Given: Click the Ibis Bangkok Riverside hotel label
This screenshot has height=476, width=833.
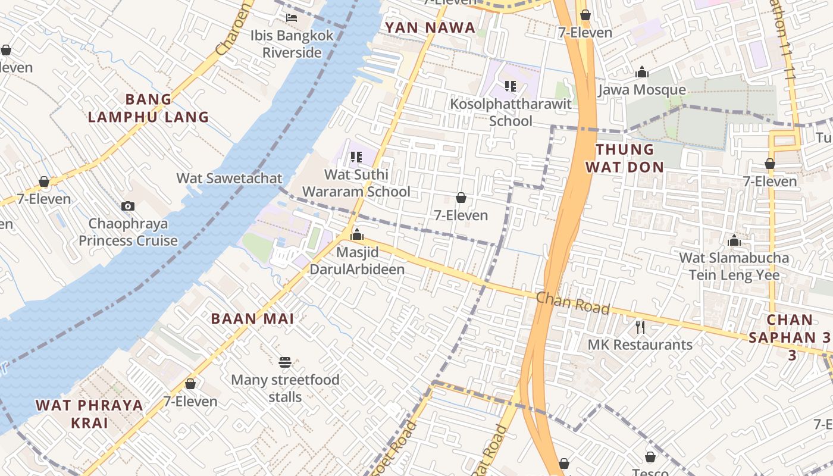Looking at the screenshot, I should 292,43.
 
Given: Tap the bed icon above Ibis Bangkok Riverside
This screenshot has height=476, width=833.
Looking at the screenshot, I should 292,17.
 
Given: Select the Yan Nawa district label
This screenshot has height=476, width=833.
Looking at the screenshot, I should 430,27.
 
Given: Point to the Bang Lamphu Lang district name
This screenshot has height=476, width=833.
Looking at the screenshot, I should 148,108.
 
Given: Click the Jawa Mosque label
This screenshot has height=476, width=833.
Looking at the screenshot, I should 641,90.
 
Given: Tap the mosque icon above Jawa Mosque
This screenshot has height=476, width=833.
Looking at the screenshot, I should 641,73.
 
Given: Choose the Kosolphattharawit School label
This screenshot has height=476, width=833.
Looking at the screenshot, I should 511,112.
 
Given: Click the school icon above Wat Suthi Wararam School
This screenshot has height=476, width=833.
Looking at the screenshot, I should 356,157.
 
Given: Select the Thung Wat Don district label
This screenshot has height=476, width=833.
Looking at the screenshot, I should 624,158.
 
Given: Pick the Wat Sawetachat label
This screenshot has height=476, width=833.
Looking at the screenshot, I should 229,178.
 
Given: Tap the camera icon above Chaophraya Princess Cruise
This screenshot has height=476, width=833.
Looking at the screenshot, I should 128,206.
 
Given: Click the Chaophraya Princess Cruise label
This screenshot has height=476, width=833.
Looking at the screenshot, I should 128,232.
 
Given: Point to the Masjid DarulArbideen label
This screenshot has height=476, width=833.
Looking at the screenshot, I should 357,261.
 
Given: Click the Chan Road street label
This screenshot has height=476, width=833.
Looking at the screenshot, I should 572,303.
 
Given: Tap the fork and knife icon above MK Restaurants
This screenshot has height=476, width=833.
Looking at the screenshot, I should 640,327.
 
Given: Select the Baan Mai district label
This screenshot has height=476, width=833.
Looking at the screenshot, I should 252,318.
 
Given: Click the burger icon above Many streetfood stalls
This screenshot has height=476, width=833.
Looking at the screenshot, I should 285,362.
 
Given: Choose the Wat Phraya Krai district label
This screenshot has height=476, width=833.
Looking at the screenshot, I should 89,414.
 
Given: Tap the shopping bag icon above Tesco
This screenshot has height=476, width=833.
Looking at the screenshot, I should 650,457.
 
